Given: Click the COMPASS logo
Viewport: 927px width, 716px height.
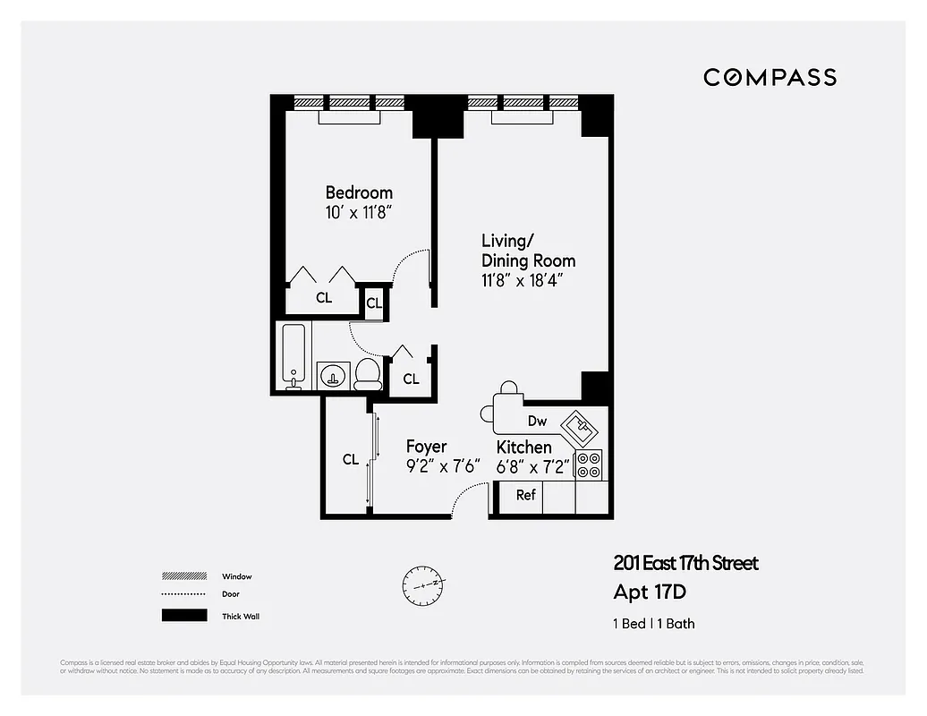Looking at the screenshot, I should tap(770, 77).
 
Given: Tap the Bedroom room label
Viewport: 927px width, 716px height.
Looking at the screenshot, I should tap(359, 192).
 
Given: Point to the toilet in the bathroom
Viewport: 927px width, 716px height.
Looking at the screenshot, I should tap(368, 373).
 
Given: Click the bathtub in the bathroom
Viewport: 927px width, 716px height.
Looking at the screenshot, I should tap(293, 357).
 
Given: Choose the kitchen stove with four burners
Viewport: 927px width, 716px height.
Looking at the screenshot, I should tap(588, 465).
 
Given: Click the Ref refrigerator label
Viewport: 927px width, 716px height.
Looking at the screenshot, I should tap(526, 495).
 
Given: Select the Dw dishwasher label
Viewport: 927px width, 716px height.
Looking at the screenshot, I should tap(537, 422).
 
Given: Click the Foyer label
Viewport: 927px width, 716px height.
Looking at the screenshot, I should tap(426, 447).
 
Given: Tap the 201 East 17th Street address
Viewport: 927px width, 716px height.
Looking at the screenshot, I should tap(685, 563).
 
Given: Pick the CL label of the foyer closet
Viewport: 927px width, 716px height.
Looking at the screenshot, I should tap(351, 460).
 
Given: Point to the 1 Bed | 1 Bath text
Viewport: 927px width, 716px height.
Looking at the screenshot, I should tap(654, 624).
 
